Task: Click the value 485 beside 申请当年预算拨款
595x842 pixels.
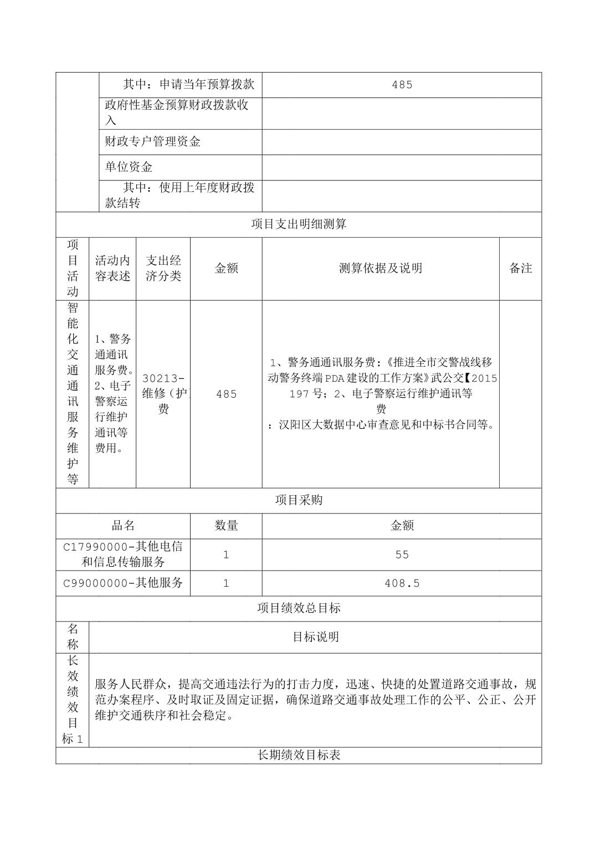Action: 402,85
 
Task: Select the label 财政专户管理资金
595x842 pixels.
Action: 153,142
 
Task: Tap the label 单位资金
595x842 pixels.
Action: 129,167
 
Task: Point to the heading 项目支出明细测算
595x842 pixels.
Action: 299,224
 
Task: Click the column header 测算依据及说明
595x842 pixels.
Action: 381,269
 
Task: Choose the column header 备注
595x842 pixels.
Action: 520,269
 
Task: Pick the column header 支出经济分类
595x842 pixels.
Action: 163,269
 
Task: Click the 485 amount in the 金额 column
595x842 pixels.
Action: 226,394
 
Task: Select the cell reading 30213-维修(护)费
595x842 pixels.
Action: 163,394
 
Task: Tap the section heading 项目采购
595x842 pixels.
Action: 299,500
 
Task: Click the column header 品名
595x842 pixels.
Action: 123,526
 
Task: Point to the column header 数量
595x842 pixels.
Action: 226,526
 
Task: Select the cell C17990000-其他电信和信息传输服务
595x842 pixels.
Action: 123,555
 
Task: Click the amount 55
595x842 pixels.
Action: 402,555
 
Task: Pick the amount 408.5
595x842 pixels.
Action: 402,583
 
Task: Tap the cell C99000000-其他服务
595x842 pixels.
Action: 123,583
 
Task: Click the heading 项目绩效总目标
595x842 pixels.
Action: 299,608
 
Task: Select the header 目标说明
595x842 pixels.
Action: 315,637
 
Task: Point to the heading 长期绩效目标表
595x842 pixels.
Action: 299,755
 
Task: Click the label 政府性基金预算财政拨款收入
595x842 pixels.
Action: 177,113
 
